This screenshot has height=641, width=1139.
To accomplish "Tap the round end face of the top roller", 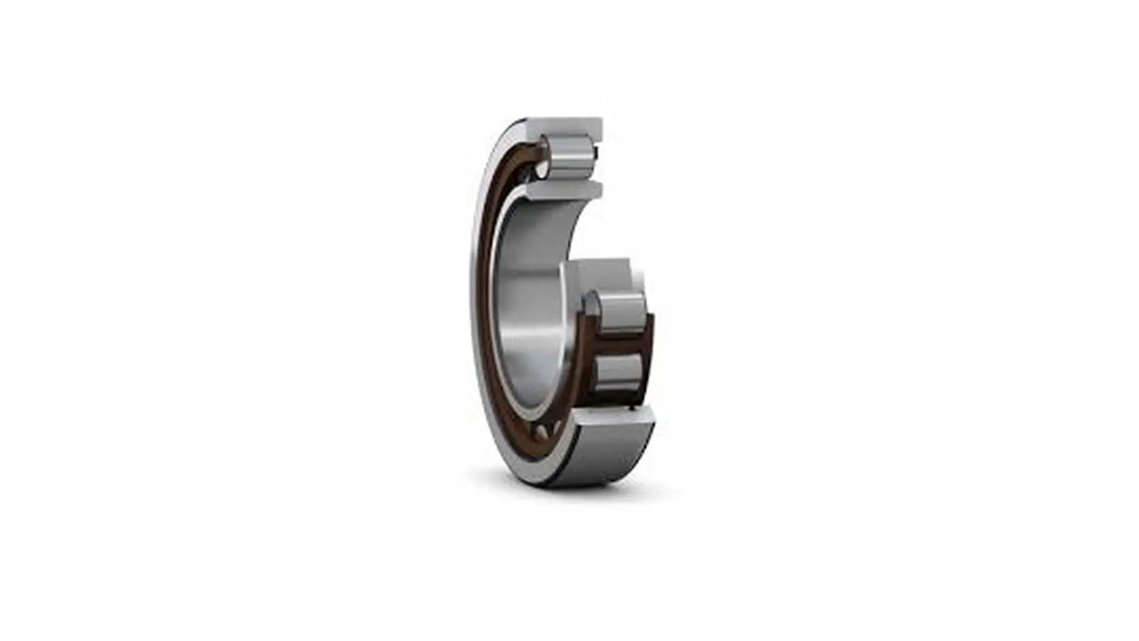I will pyautogui.click(x=543, y=156).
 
